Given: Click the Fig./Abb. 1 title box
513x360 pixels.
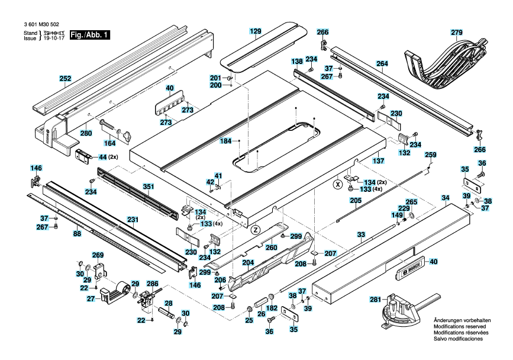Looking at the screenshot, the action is [90, 35].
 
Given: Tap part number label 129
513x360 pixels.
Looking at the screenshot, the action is [256, 31].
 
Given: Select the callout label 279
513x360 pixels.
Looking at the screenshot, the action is [457, 33].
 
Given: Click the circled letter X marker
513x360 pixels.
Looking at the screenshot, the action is [337, 185].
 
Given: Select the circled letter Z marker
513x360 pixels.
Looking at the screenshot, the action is [256, 230].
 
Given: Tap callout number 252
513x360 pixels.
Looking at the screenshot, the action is [65, 79].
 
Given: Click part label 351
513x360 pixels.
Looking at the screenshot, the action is [148, 187].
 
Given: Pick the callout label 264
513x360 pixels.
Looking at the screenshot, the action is [382, 63].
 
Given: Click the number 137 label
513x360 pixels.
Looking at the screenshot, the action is [379, 160].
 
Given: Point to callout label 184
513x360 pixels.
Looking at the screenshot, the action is [225, 141].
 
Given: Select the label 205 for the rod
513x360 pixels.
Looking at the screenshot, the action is [356, 201].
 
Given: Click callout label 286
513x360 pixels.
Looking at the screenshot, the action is [153, 284].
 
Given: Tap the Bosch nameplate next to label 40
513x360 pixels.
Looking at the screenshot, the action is [411, 268].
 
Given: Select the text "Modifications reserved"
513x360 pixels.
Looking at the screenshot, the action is [460, 326].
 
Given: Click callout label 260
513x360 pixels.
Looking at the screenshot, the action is [271, 247].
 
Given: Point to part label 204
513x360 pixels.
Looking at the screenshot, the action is [249, 262].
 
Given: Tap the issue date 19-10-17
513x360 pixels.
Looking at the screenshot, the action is [54, 38].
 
